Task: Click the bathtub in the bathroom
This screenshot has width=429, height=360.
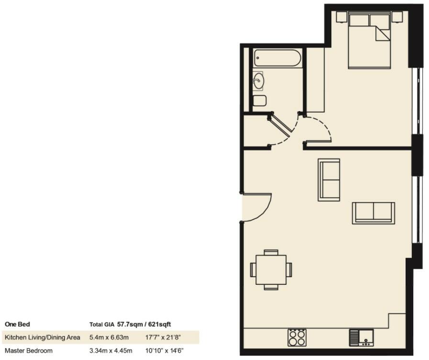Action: point(277,58)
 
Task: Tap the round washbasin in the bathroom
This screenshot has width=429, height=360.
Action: point(258,80)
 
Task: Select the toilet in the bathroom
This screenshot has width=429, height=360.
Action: point(259,101)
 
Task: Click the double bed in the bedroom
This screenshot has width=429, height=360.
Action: point(369,41)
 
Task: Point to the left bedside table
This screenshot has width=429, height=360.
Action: point(341,17)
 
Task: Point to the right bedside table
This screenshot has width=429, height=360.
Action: point(397,17)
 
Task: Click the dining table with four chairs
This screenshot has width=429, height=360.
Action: point(271,270)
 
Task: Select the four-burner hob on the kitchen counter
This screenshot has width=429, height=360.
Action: point(297,337)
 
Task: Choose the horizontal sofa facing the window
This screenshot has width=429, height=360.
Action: point(373,213)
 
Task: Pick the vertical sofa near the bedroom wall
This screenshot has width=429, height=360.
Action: point(329,180)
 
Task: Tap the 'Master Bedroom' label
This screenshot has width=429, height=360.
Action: point(28,350)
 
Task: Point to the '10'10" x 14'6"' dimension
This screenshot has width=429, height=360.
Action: point(164,350)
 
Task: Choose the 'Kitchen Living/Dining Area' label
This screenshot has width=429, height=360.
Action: point(43,337)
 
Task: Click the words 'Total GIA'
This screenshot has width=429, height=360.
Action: point(102,324)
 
